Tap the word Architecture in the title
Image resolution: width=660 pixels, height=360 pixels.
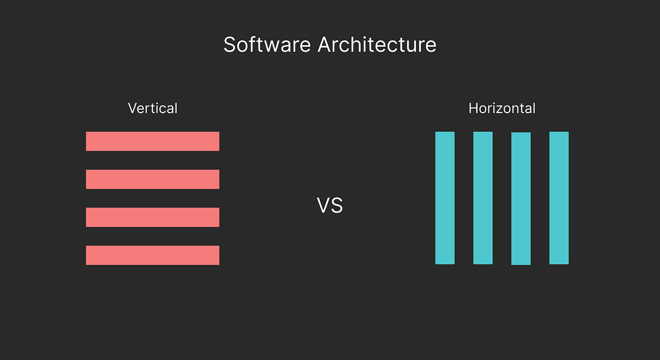(x=377, y=45)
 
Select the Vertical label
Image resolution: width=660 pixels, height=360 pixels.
(x=152, y=108)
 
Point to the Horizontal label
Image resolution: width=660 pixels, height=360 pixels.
(x=502, y=108)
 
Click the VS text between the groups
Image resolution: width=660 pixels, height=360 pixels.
(x=330, y=206)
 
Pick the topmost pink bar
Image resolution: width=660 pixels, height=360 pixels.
(x=152, y=141)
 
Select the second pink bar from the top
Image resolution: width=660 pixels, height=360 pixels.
(x=152, y=179)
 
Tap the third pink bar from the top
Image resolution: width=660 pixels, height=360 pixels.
(x=152, y=217)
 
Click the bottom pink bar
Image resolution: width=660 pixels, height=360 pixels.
(x=152, y=255)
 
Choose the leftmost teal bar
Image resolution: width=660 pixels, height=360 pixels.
(x=445, y=198)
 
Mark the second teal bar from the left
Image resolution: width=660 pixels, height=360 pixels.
(x=483, y=198)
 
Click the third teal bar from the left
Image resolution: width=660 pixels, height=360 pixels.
(x=521, y=198)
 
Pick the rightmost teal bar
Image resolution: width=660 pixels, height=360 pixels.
(x=559, y=198)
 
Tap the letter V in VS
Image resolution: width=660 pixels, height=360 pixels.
(x=323, y=206)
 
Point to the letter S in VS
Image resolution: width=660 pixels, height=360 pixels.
(x=337, y=206)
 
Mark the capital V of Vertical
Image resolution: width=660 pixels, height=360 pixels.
(x=133, y=108)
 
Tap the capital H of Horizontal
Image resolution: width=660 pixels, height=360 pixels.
(x=473, y=108)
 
